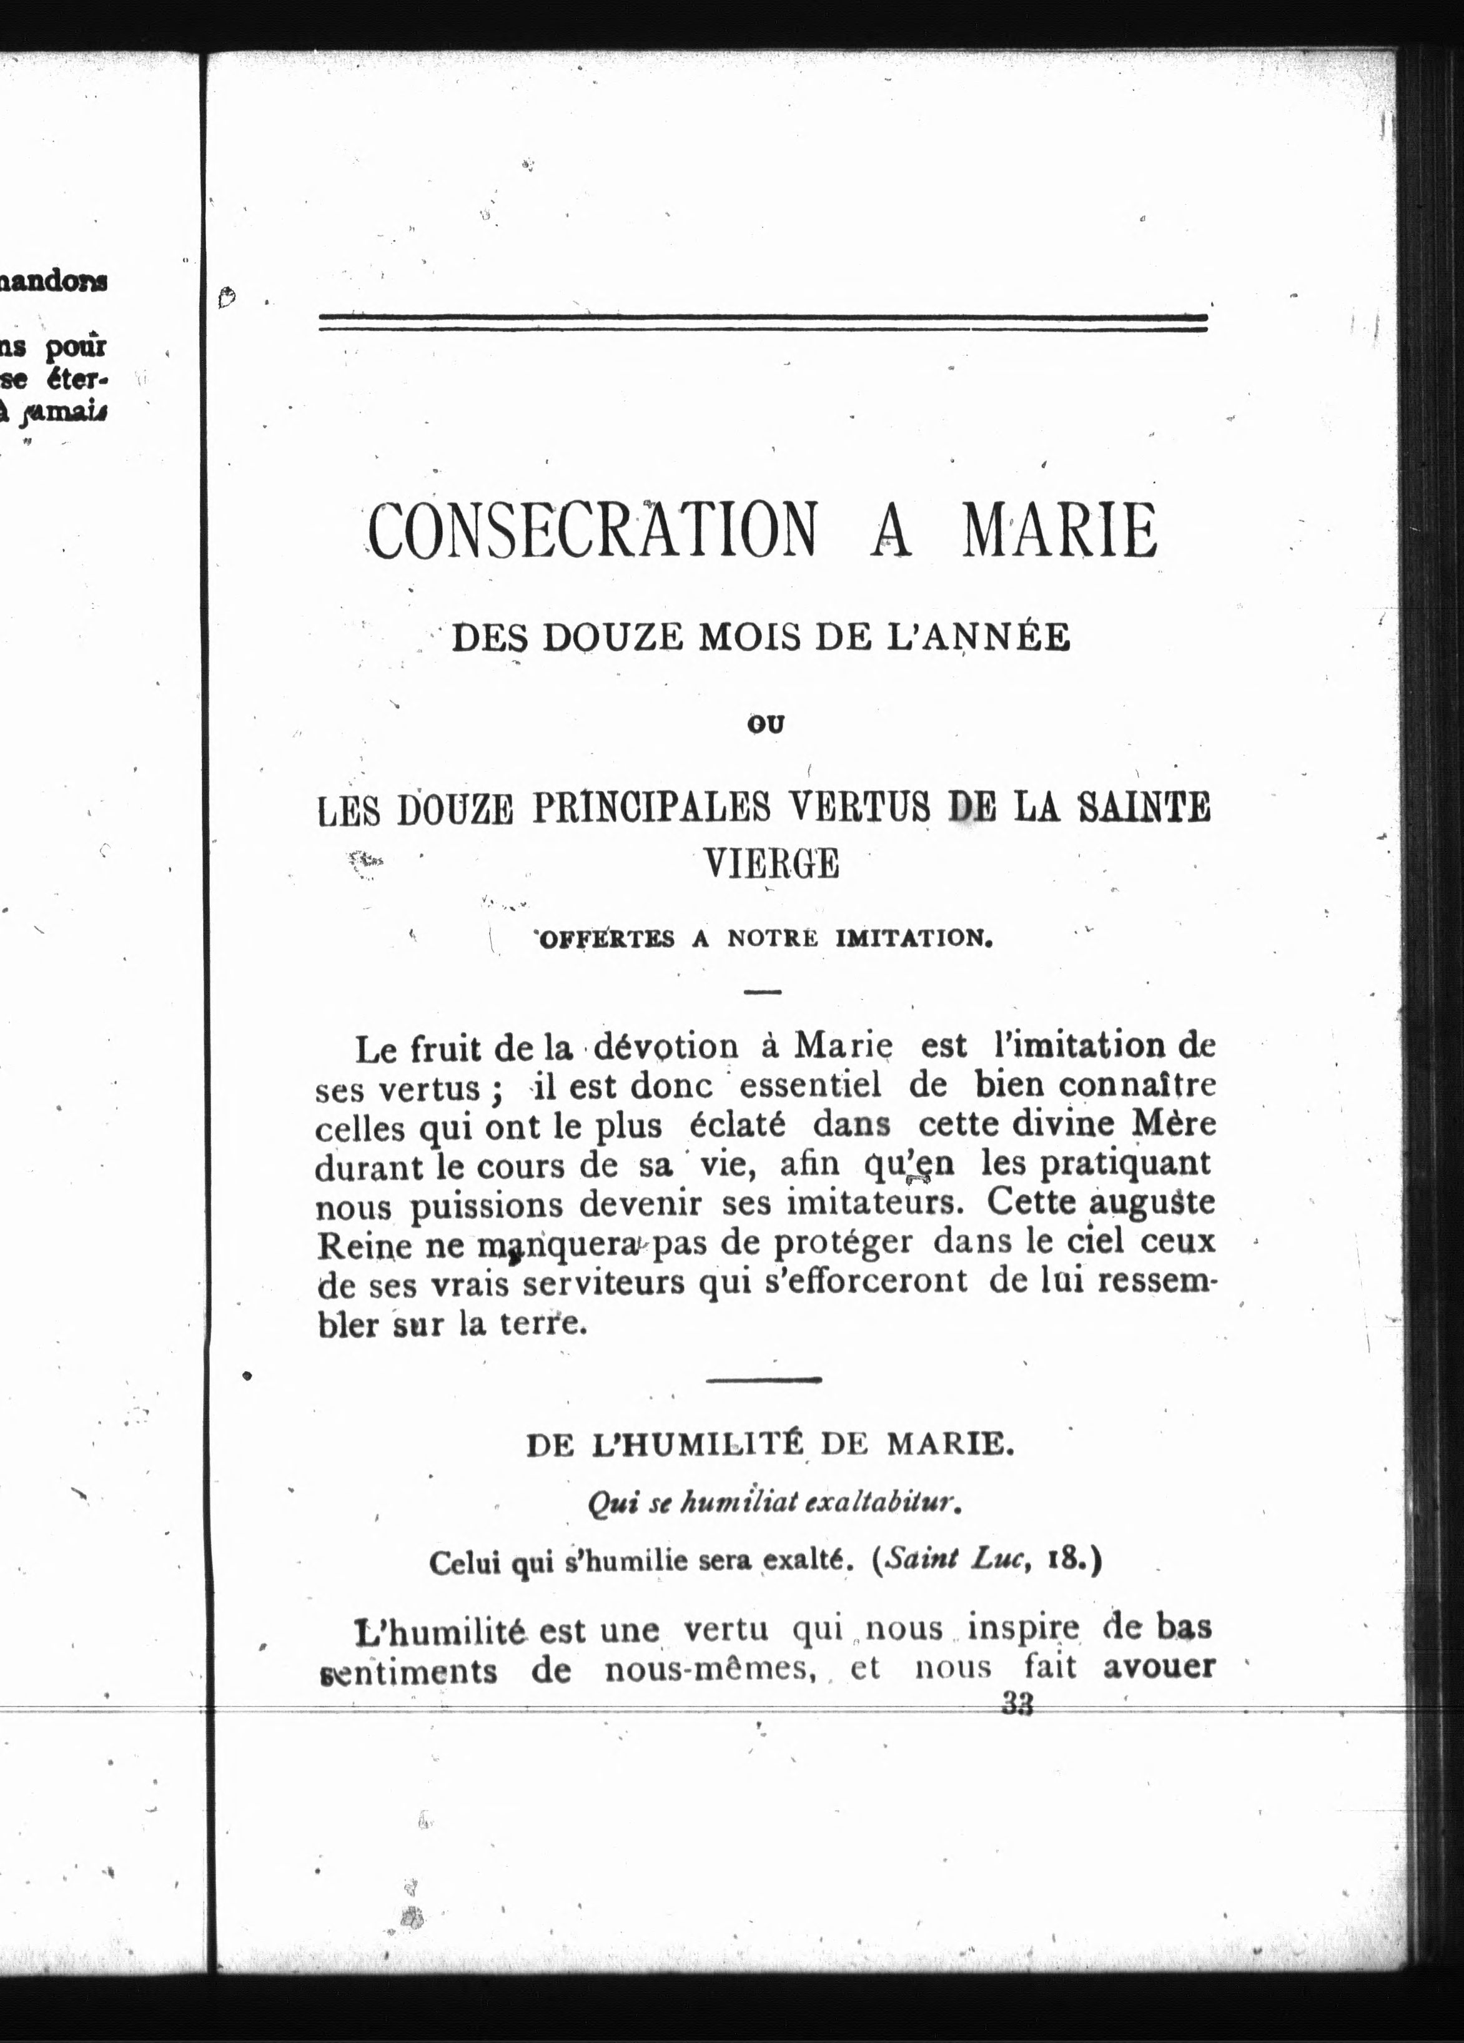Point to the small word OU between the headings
coord(767,724)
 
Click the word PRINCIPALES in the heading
coord(650,808)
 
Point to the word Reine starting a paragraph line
coord(354,1244)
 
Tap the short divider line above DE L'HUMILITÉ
coord(764,1379)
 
